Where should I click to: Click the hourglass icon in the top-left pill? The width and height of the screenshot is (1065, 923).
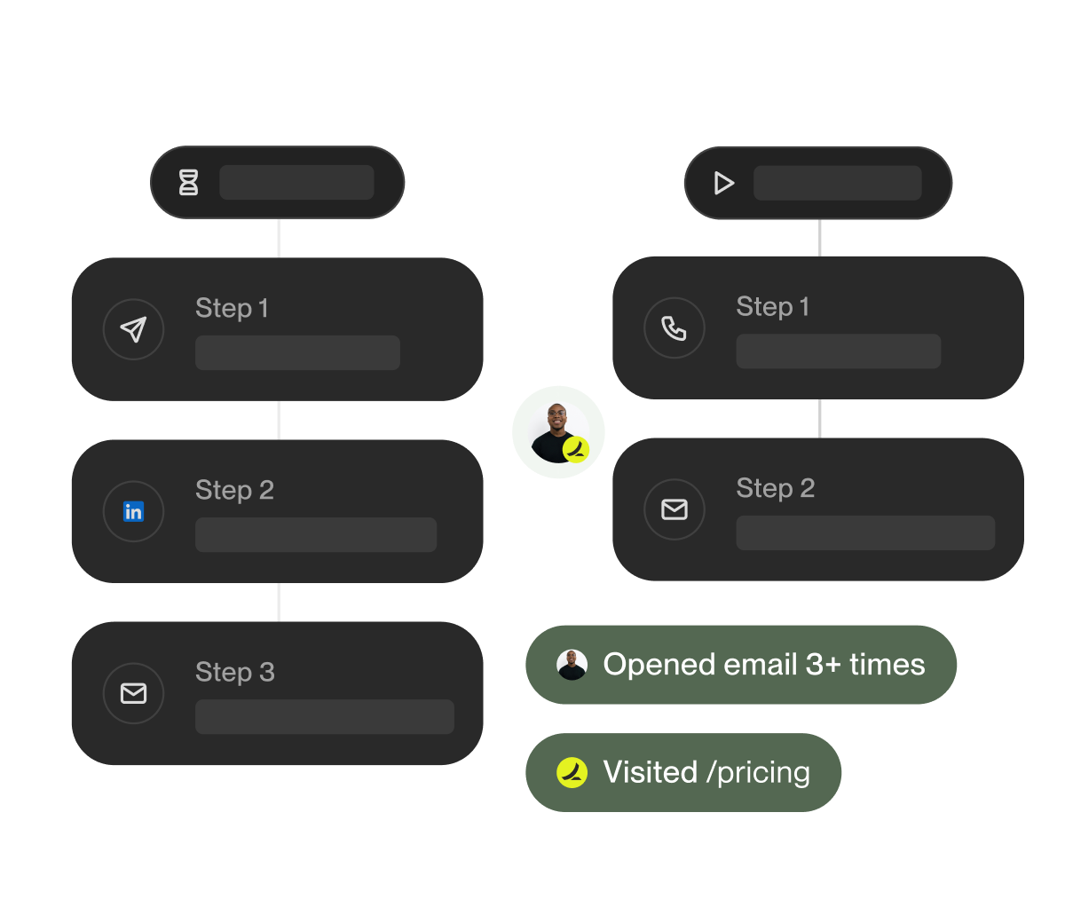coord(188,183)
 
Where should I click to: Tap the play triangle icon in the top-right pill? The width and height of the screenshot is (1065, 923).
coord(724,183)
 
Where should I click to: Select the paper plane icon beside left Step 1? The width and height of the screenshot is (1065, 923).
coord(133,329)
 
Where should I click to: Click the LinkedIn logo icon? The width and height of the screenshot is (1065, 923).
coord(133,511)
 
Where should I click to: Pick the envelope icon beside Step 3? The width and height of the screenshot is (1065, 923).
coord(133,693)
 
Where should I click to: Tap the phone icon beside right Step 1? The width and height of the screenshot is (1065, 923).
coord(674,328)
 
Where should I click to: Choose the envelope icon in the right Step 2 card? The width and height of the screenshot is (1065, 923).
coord(674,509)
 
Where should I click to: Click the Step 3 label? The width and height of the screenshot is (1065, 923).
coord(234,672)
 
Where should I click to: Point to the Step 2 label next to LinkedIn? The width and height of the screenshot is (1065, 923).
coord(234,490)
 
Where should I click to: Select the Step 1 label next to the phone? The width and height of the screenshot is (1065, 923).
coord(772,307)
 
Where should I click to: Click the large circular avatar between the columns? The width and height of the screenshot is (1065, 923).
coord(556,430)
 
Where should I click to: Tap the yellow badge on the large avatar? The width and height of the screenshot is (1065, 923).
coord(576,449)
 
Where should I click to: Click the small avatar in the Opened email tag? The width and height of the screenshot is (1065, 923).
coord(572,665)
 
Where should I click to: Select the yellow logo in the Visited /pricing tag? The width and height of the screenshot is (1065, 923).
coord(572,772)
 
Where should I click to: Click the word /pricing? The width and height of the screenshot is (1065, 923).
coord(759,773)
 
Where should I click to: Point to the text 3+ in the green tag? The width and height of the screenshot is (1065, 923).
coord(823,665)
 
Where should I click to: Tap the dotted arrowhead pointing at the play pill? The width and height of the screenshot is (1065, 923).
coord(680,177)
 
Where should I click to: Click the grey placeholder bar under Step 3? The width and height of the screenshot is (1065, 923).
coord(324,716)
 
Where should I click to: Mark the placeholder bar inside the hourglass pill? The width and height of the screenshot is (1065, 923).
coord(296,182)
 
